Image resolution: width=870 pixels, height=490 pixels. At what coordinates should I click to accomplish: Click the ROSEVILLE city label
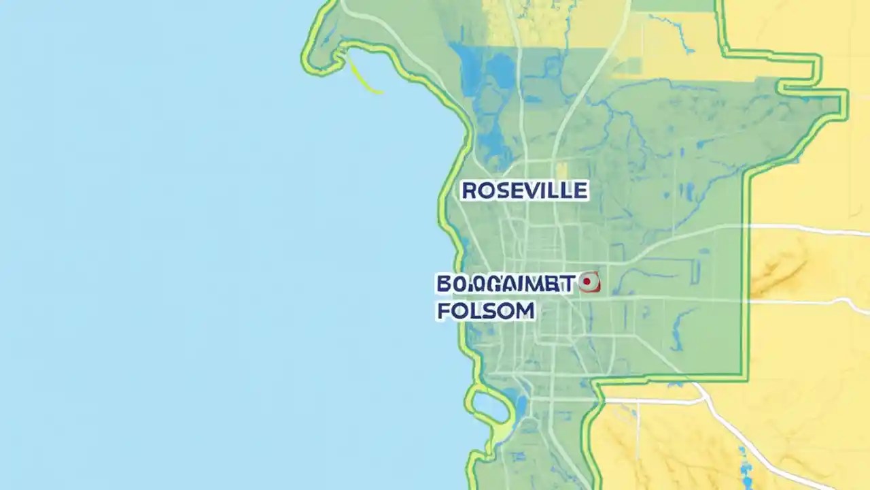pos(524,191)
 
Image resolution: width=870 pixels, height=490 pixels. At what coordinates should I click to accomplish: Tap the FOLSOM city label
pos(485,311)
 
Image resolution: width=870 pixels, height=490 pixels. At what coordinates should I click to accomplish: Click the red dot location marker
pos(587,283)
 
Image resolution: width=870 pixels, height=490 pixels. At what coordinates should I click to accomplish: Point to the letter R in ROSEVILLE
pos(468,191)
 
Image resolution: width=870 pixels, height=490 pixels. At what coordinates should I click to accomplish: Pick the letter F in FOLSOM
pos(444,311)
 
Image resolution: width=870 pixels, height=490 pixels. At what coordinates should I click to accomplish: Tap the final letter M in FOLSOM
pos(525,311)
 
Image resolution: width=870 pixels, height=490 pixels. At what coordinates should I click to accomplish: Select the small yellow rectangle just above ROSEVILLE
pos(561,169)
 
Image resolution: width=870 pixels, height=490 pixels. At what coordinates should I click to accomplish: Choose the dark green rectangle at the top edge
pos(673,5)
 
